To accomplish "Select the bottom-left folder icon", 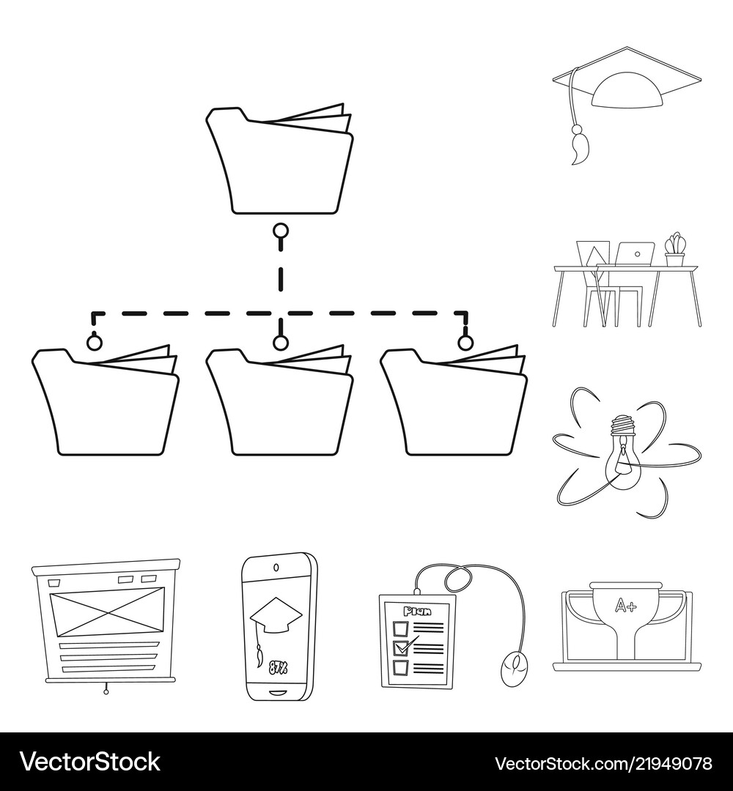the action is (x=106, y=401).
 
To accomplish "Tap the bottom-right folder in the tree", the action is (x=454, y=401).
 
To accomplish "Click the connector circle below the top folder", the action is (x=281, y=231).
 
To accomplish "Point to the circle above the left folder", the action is (x=95, y=343).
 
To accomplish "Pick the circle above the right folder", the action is (x=465, y=343).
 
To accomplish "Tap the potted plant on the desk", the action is (x=675, y=249).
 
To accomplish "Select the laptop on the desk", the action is (x=635, y=253).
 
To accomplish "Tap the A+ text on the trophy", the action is (x=627, y=605).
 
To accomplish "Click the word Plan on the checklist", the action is (x=417, y=612).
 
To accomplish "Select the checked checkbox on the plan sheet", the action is (x=401, y=647).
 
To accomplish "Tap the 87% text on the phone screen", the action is (x=278, y=667).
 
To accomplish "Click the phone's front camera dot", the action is (x=276, y=566).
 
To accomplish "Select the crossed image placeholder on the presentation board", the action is (x=107, y=614).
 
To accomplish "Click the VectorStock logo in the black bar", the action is (x=90, y=762).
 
